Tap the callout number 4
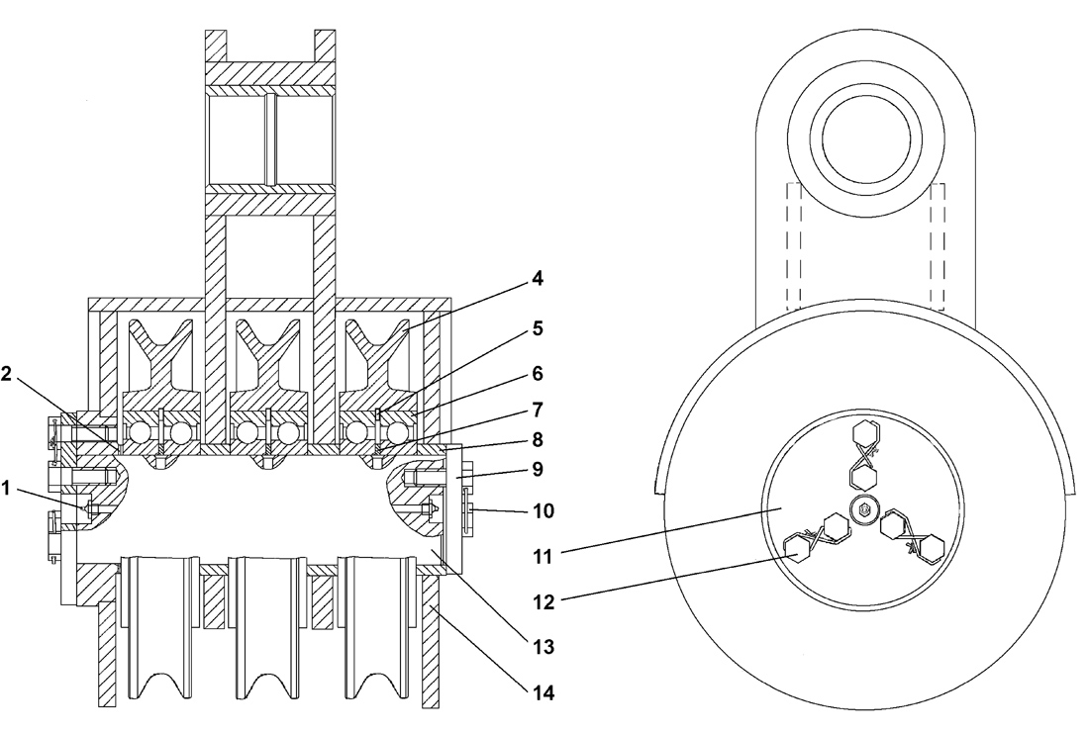coord(537,279)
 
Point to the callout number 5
coord(537,326)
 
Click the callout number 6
coord(537,374)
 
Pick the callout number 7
coord(537,409)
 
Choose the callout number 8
coord(537,438)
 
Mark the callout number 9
coord(537,468)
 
